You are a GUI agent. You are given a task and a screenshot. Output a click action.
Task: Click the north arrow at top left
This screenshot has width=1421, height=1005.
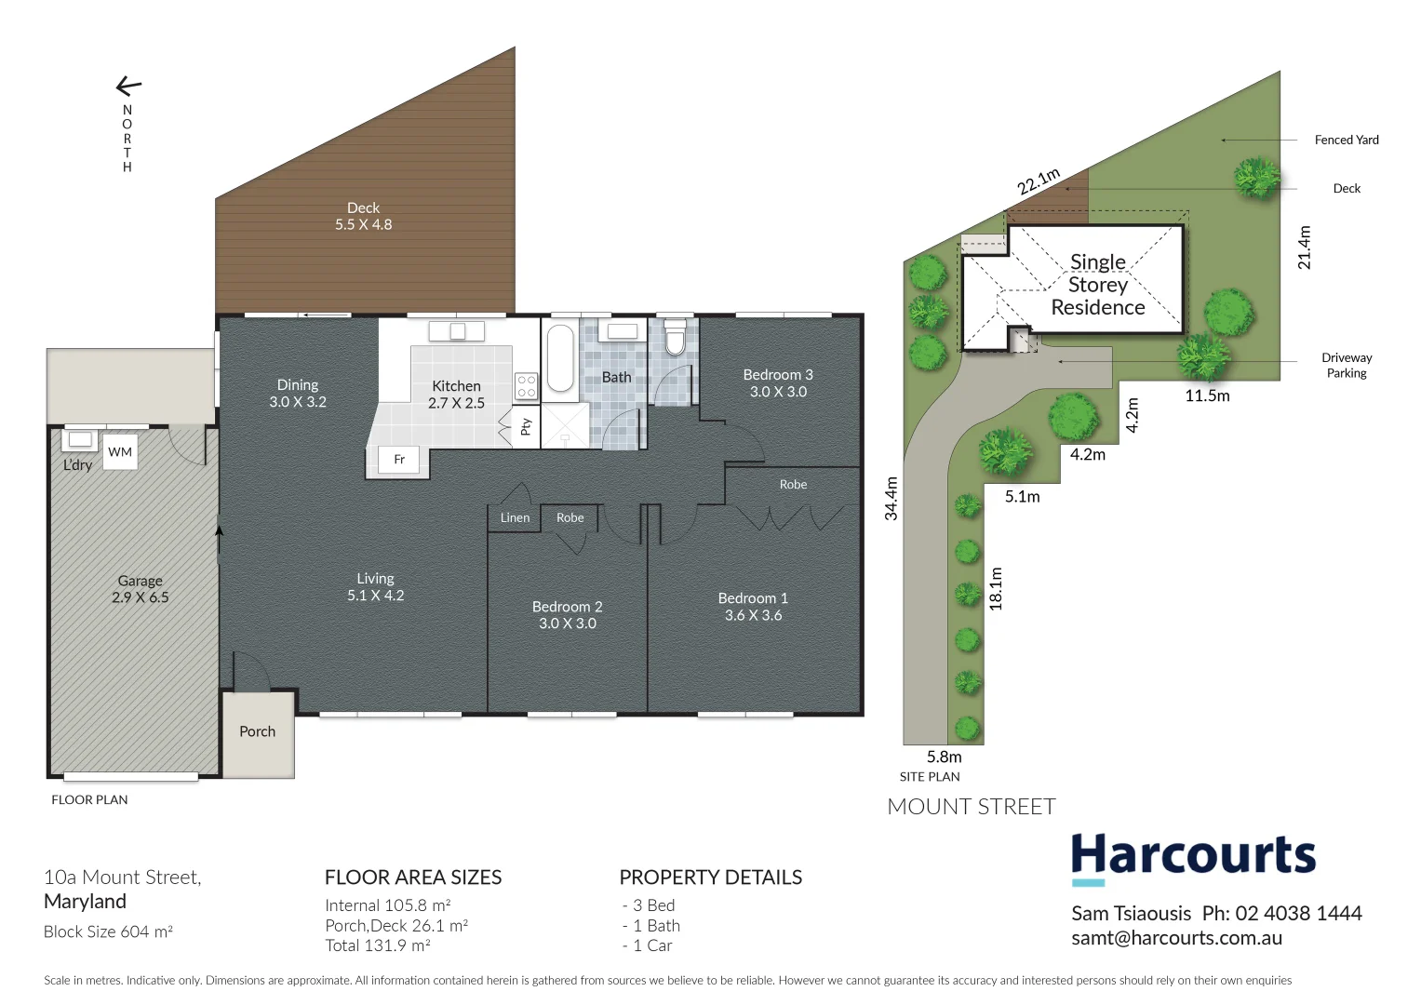pyautogui.click(x=128, y=87)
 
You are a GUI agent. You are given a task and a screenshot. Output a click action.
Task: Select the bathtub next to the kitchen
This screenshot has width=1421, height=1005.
pyautogui.click(x=560, y=358)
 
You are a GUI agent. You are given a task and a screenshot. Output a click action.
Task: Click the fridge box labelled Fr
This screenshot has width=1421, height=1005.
pyautogui.click(x=398, y=459)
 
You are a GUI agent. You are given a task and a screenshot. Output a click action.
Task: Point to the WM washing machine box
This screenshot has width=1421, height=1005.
pyautogui.click(x=120, y=452)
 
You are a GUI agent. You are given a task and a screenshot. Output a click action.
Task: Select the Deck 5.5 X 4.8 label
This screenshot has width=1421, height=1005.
pyautogui.click(x=363, y=216)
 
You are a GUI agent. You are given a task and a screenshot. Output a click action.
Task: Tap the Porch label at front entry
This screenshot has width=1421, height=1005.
pyautogui.click(x=257, y=731)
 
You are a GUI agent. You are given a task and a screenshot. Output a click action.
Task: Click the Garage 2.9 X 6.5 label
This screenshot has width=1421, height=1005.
pyautogui.click(x=140, y=589)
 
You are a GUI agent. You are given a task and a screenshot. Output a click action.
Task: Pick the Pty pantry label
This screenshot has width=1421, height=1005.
pyautogui.click(x=526, y=426)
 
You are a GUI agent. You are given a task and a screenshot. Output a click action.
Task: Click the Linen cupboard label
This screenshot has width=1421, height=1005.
pyautogui.click(x=515, y=517)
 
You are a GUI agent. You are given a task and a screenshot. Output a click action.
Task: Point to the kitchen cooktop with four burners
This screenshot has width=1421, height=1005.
pyautogui.click(x=526, y=386)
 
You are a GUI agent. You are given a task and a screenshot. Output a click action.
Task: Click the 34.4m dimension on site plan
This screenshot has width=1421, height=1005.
pyautogui.click(x=891, y=498)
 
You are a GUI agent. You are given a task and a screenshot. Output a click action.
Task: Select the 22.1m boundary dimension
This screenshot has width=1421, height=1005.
pyautogui.click(x=1038, y=181)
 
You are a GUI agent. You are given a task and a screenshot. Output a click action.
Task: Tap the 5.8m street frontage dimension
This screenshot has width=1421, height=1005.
pyautogui.click(x=944, y=757)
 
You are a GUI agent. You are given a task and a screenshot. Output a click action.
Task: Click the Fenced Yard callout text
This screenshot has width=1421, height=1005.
pyautogui.click(x=1346, y=140)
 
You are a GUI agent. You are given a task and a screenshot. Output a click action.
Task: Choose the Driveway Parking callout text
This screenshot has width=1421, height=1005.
pyautogui.click(x=1346, y=365)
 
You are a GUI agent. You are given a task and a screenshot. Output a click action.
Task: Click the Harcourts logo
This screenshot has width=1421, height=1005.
pyautogui.click(x=1193, y=857)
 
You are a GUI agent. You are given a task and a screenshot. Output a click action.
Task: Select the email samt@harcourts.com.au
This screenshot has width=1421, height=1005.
pyautogui.click(x=1176, y=938)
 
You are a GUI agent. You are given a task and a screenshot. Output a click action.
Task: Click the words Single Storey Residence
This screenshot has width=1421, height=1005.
pyautogui.click(x=1097, y=285)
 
